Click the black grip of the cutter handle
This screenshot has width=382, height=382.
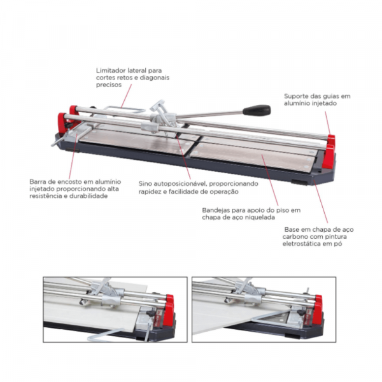257,110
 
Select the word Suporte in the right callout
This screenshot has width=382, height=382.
295,96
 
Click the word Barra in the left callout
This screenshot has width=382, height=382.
36,181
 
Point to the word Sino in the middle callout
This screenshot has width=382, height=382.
145,183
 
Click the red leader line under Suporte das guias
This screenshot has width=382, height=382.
328,123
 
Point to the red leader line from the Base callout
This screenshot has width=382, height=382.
321,201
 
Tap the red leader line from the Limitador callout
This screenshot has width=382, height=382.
126,96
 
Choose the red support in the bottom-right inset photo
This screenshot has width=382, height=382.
317,309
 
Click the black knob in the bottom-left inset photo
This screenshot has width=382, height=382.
151,313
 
